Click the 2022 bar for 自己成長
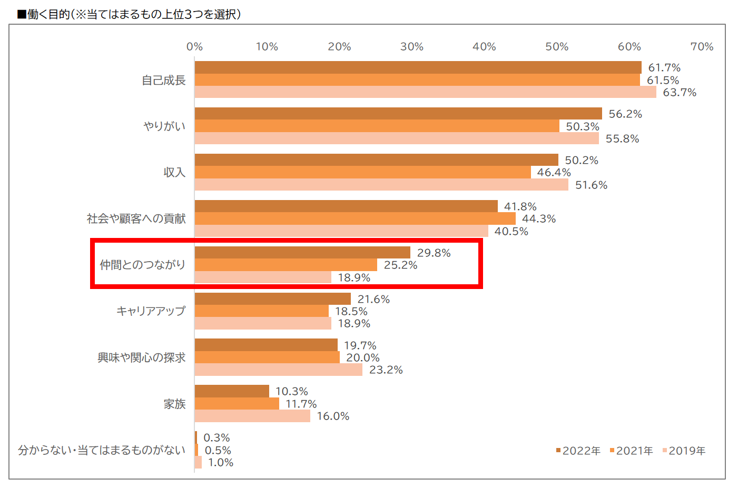[418, 67]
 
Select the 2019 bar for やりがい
[397, 138]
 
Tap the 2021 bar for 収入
[362, 172]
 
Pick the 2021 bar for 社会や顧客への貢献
[355, 218]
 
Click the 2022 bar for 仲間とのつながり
[302, 253]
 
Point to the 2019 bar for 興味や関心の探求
[278, 370]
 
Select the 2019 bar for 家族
[252, 416]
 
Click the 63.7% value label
[679, 93]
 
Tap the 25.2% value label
[400, 265]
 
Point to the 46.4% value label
[554, 173]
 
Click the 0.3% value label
[217, 438]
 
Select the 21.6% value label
[373, 300]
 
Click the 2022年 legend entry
[578, 451]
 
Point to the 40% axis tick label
[484, 47]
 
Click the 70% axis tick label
[702, 47]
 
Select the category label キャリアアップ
[151, 311]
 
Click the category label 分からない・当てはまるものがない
[102, 450]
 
